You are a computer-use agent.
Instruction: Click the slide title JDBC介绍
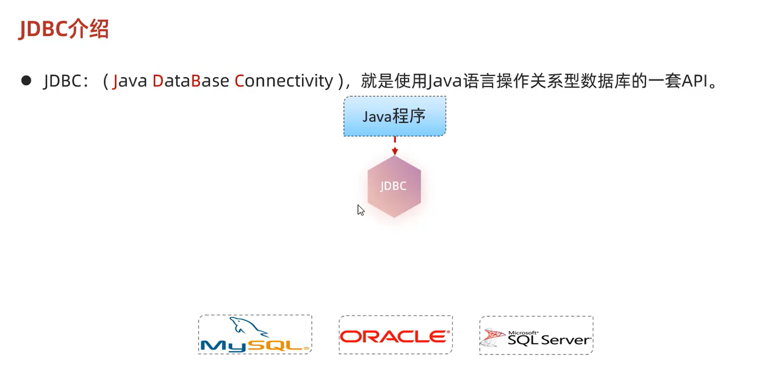63,29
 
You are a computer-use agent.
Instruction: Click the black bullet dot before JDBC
26,80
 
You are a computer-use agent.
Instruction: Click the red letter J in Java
115,81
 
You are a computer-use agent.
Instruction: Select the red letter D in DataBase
158,81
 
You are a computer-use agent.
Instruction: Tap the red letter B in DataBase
196,81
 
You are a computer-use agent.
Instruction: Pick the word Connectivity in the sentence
283,81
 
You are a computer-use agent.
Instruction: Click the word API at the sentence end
695,81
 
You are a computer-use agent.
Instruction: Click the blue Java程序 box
394,117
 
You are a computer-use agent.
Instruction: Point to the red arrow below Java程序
394,146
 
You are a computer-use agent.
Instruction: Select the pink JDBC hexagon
394,186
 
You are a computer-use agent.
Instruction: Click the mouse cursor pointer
360,210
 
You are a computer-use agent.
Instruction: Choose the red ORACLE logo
395,336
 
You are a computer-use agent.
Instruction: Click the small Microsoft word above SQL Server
523,332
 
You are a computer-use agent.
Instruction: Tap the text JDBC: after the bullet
65,81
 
